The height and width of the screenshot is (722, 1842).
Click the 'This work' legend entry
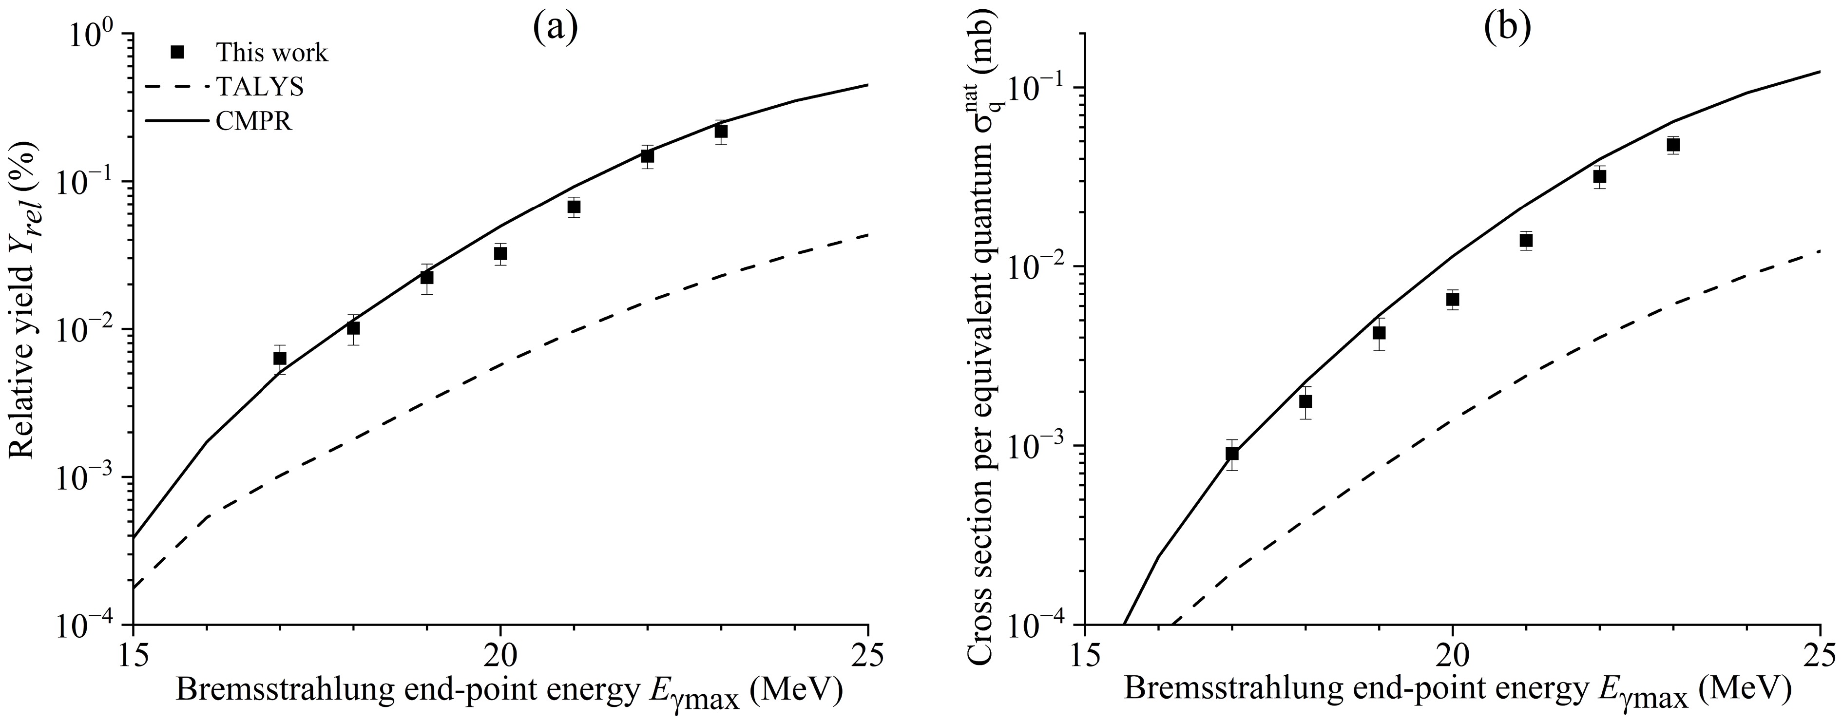point(272,53)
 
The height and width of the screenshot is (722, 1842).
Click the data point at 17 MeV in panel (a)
point(280,358)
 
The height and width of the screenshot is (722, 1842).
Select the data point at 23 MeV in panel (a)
point(721,132)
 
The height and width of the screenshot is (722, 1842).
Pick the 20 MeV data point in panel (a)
point(500,254)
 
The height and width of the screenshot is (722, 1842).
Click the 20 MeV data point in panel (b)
point(1452,299)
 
